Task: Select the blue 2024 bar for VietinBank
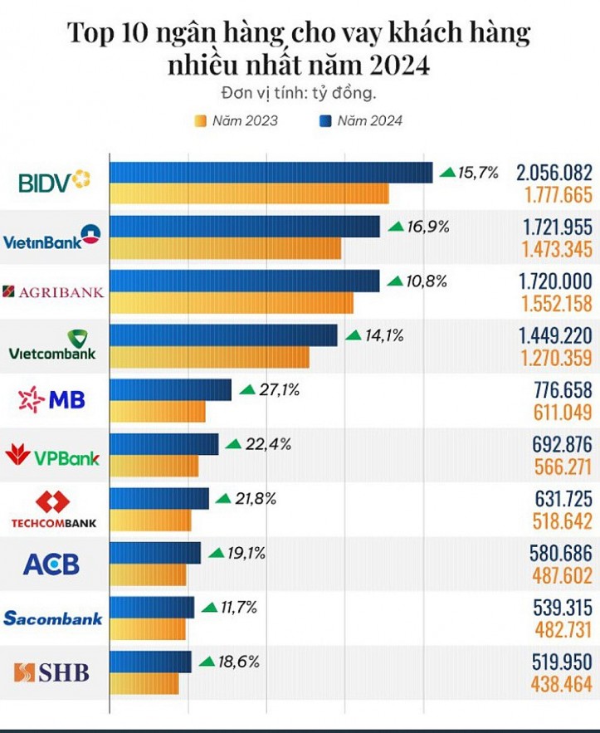pos(245,227)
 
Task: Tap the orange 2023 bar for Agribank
pos(232,303)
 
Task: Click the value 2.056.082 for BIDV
pos(554,173)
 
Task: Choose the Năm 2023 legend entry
pos(236,121)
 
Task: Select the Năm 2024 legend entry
pos(360,121)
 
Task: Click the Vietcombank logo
pos(52,345)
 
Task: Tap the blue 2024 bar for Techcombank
pos(159,498)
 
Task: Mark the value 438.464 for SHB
pos(561,685)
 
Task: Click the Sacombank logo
pos(53,618)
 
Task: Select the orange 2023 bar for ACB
pos(149,575)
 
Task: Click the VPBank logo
pos(52,456)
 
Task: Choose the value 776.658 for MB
pos(561,389)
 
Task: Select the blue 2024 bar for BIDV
pos(271,173)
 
